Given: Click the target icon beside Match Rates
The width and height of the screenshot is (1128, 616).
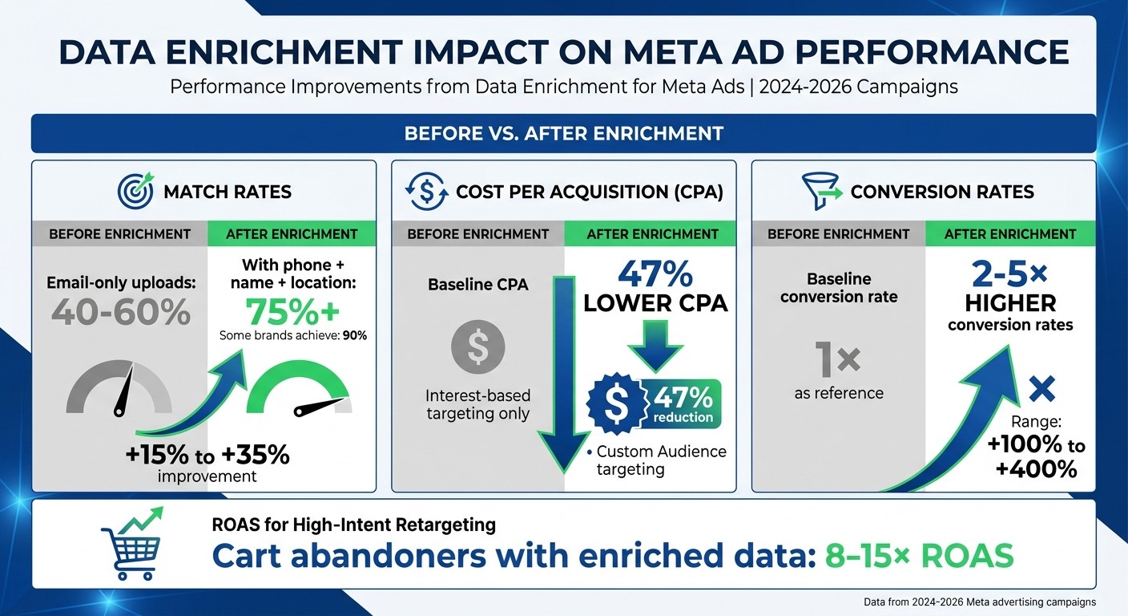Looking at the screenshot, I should click(x=135, y=191).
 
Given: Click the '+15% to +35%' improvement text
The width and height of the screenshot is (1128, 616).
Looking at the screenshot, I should click(x=207, y=455).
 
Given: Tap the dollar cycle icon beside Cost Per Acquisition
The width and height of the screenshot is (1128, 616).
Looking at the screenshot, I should click(x=426, y=191).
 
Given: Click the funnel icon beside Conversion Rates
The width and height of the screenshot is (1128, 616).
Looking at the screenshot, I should click(x=820, y=191).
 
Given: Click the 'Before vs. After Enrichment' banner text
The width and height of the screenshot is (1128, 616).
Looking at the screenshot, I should click(x=563, y=133).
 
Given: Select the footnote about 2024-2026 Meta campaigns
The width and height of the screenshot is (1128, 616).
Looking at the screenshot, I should click(x=979, y=602).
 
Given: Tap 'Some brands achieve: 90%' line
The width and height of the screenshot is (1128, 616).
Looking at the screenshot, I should click(x=292, y=336).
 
